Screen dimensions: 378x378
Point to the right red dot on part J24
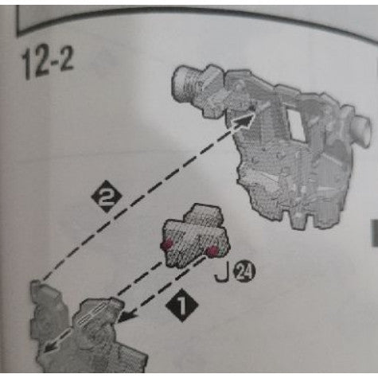[x=212, y=252]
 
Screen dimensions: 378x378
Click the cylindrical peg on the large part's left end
[x=188, y=82]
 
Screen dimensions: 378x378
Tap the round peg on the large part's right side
[x=360, y=127]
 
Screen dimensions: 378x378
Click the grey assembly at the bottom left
[x=84, y=338]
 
